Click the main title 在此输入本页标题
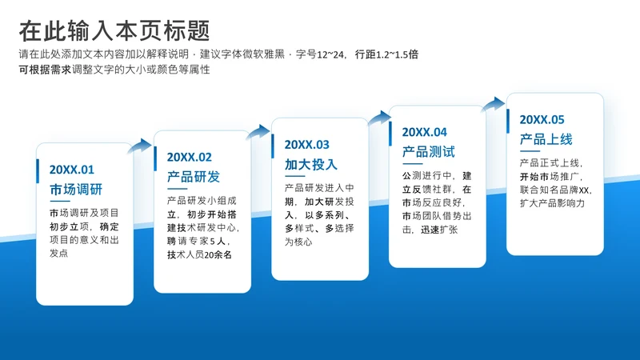tap(114, 31)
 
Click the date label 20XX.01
tap(72, 170)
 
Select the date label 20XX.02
tap(190, 157)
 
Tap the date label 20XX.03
tap(307, 145)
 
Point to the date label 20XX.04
tap(425, 132)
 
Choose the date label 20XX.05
tap(542, 119)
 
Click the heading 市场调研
tap(76, 190)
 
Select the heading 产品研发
tap(194, 177)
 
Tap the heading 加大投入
tap(311, 165)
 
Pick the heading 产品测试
tap(429, 152)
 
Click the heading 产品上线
tap(546, 139)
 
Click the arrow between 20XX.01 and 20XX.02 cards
tap(141, 146)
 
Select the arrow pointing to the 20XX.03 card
tap(258, 132)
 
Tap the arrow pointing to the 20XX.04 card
tap(380, 118)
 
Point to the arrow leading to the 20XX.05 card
tap(494, 105)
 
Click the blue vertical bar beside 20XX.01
tap(38, 171)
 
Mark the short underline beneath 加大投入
tap(294, 176)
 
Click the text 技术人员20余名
tap(199, 255)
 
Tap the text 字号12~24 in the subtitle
tap(321, 54)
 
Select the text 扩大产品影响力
tap(552, 203)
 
